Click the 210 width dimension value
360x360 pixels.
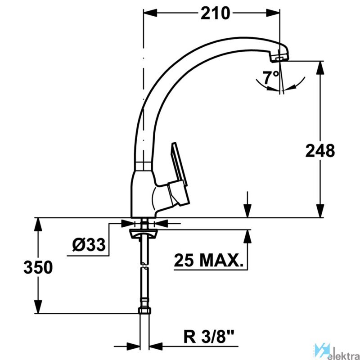click(x=215, y=13)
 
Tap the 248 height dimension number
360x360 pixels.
click(x=320, y=151)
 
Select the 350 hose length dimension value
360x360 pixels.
click(x=38, y=267)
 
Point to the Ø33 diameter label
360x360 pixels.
click(x=89, y=245)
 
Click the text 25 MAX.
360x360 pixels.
click(x=208, y=261)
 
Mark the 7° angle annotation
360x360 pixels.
click(x=272, y=77)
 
